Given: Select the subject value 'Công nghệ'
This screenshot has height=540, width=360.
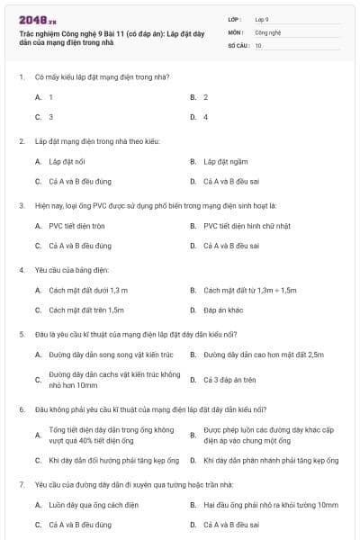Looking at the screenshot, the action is coord(268,31).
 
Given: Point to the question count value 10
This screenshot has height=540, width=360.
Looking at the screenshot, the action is coord(258,44).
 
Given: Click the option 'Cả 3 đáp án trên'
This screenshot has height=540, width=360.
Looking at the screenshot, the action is coord(230,380).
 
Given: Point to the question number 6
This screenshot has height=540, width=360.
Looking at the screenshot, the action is coord(21,409).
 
